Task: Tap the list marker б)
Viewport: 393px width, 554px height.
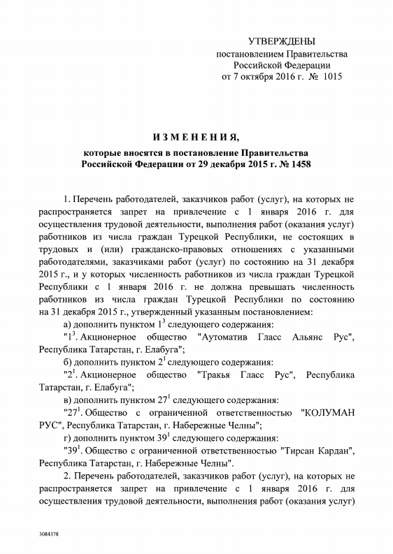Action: pos(68,362)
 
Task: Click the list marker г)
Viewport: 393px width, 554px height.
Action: pos(67,437)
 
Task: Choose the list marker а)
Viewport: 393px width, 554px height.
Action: pos(68,324)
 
